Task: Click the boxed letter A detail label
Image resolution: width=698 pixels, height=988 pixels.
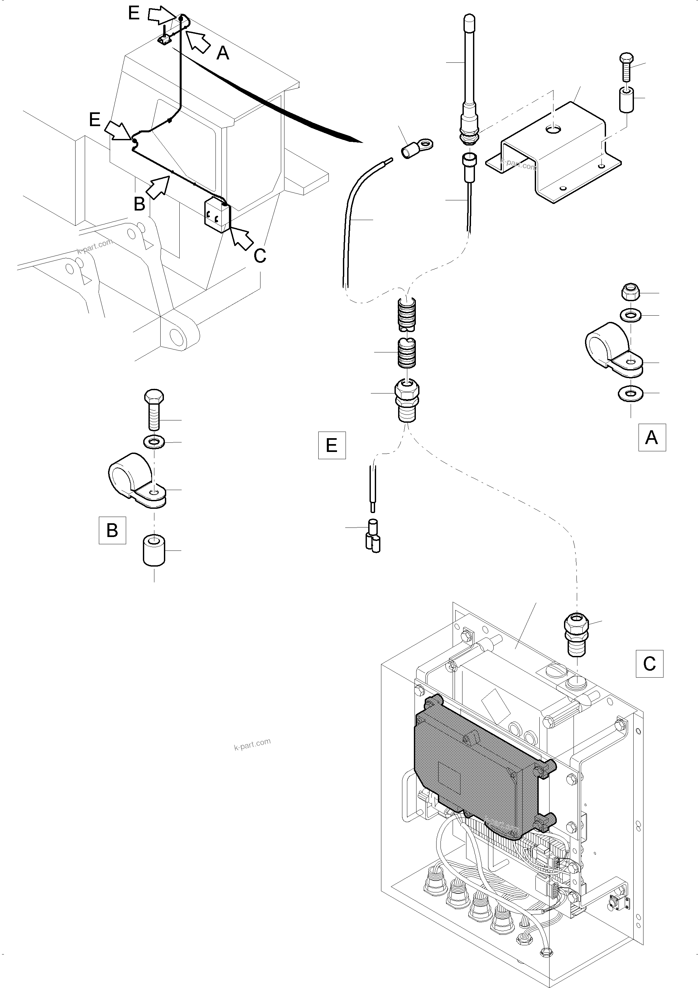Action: pyautogui.click(x=652, y=438)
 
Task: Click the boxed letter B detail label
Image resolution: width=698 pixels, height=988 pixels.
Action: pyautogui.click(x=112, y=530)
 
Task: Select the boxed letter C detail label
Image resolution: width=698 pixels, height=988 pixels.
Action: pyautogui.click(x=649, y=663)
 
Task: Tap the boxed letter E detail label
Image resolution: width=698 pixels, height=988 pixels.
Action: pyautogui.click(x=331, y=445)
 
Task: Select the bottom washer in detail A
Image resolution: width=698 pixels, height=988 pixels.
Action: pyautogui.click(x=631, y=393)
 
